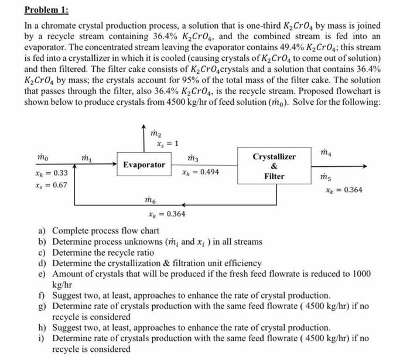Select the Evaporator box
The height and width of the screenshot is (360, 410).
coord(144,165)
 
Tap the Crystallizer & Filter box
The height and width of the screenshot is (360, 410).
coord(274,166)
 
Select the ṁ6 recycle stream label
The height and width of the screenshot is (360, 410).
coord(151,201)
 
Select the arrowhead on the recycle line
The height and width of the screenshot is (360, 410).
coord(184,204)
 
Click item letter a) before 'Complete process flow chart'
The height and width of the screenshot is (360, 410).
coord(42,231)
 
